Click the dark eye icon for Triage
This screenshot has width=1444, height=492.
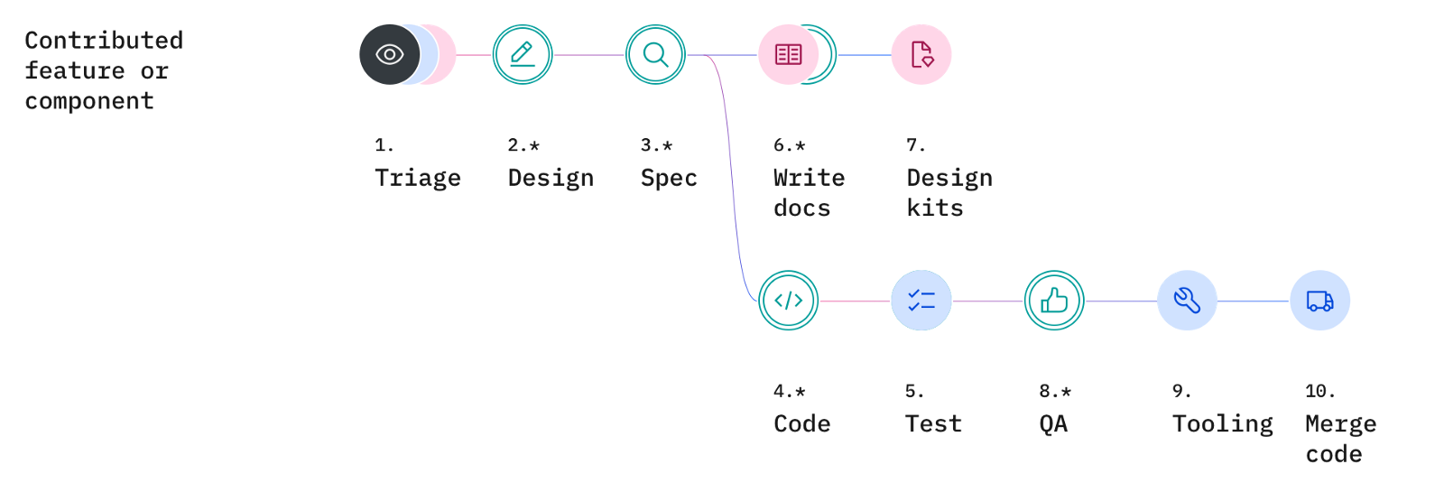pyautogui.click(x=389, y=55)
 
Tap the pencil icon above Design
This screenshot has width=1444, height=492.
pyautogui.click(x=523, y=55)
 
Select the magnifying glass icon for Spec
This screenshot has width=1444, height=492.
pyautogui.click(x=656, y=55)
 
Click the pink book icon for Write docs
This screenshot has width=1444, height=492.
pyautogui.click(x=788, y=55)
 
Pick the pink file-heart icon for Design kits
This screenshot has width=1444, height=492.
pyautogui.click(x=921, y=55)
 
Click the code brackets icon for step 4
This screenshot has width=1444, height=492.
pyautogui.click(x=788, y=301)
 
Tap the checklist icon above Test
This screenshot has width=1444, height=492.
pyautogui.click(x=921, y=301)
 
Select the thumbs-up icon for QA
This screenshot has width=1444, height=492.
pyautogui.click(x=1054, y=301)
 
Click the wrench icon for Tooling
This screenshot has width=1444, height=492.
pyautogui.click(x=1187, y=301)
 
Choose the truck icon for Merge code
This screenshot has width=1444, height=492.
pyautogui.click(x=1319, y=301)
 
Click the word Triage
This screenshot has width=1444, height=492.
pyautogui.click(x=417, y=178)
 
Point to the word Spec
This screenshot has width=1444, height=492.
pyautogui.click(x=669, y=178)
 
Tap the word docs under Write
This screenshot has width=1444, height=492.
pyautogui.click(x=801, y=209)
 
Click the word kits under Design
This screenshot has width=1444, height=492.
pyautogui.click(x=935, y=209)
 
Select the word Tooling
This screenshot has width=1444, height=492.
pyautogui.click(x=1222, y=423)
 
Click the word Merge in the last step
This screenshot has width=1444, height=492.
pyautogui.click(x=1340, y=423)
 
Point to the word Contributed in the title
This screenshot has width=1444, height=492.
pyautogui.click(x=104, y=41)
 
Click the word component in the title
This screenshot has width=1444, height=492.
pyautogui.click(x=89, y=101)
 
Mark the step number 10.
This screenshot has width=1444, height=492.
pyautogui.click(x=1319, y=391)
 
